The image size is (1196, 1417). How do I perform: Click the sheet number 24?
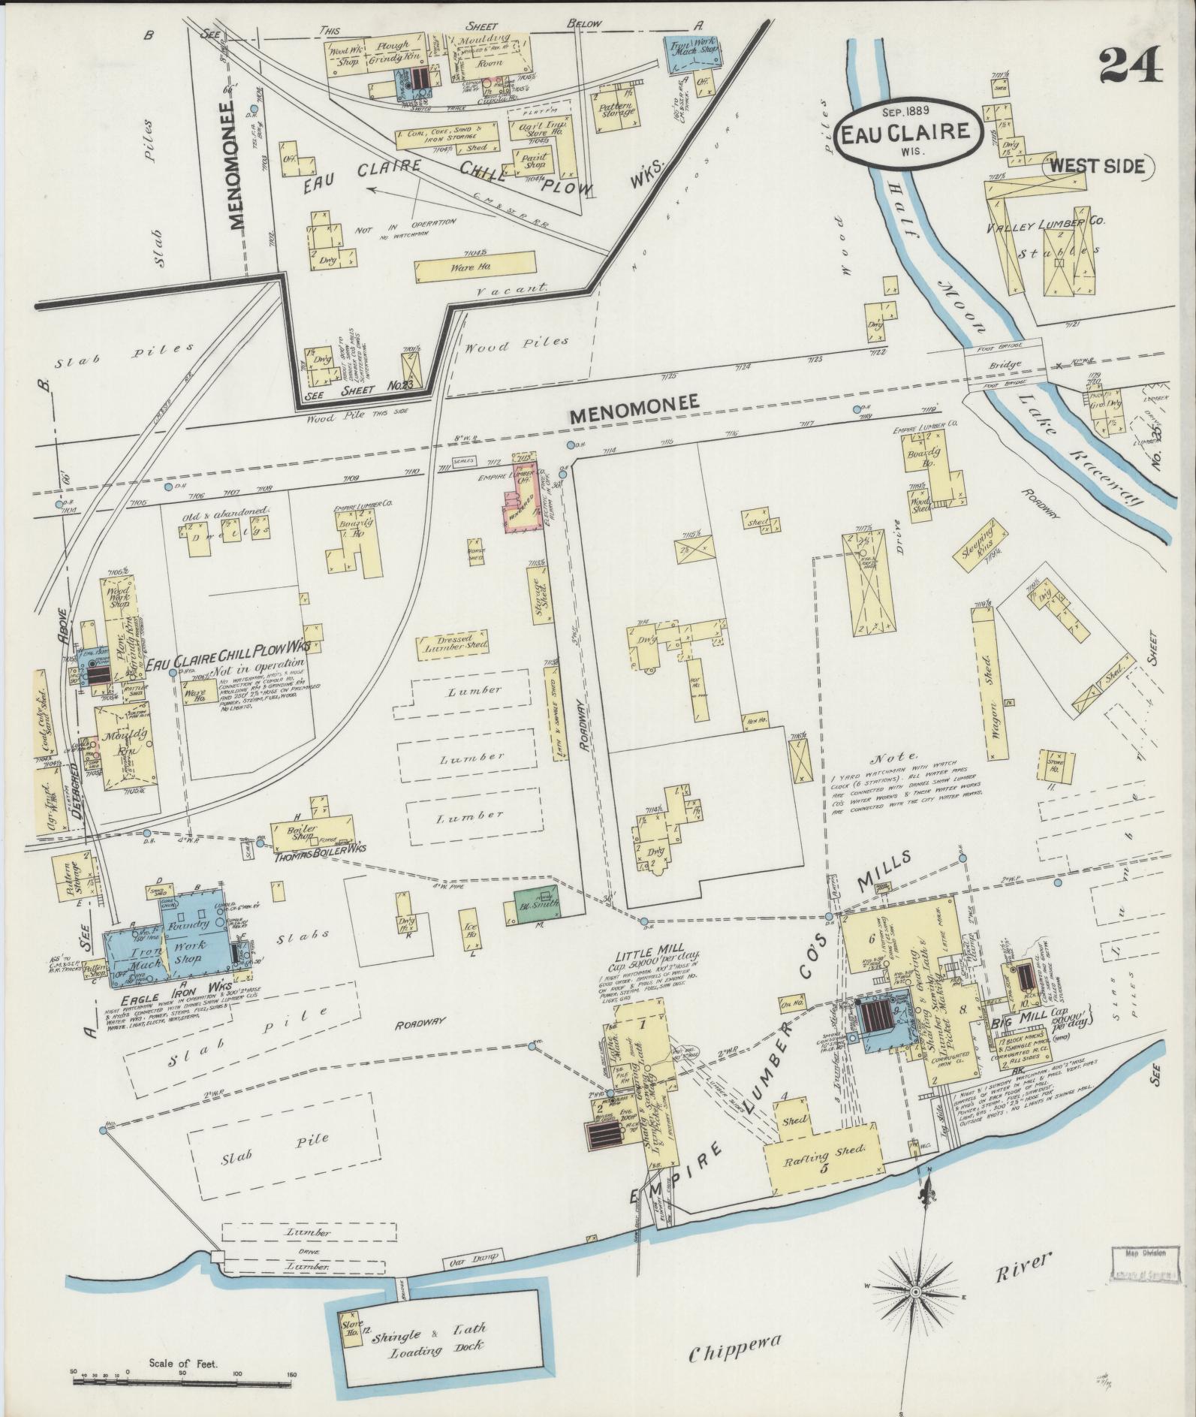coord(1131,64)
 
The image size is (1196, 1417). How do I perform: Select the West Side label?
coord(1096,167)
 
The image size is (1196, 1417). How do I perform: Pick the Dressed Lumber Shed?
coord(453,644)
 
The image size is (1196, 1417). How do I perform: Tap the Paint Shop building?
coord(532,158)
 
